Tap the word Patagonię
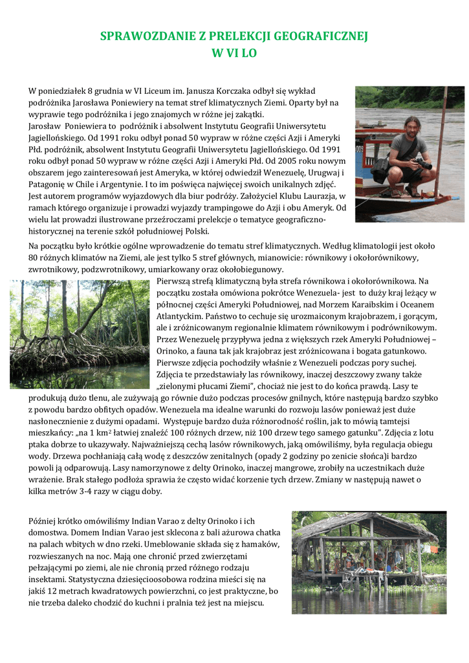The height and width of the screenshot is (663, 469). (x=50, y=184)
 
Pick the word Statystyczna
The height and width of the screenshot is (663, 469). (x=115, y=579)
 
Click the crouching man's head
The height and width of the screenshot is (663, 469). (x=408, y=124)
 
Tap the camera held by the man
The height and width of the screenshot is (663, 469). (x=423, y=163)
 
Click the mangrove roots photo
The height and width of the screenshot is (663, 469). (x=80, y=333)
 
